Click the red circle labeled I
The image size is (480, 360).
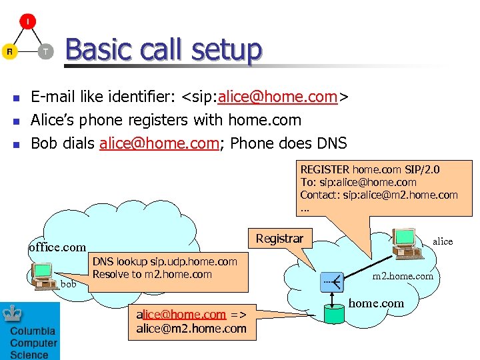tap(28, 21)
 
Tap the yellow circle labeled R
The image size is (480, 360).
tap(9, 51)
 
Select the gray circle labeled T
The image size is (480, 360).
tap(45, 51)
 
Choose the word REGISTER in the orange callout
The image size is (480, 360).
tap(325, 170)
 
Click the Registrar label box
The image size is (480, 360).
tap(279, 238)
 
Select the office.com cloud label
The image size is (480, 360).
tap(57, 247)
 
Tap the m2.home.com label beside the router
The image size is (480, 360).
tap(402, 276)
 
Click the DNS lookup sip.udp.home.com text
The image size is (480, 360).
tap(165, 262)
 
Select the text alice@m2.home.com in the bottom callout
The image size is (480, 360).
tap(191, 327)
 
